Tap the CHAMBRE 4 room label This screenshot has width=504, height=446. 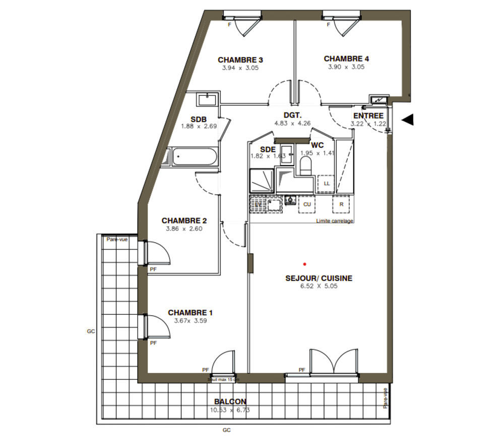(346, 59)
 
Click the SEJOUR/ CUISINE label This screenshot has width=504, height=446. (319, 278)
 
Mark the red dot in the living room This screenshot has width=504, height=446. (304, 263)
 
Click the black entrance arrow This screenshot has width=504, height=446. (408, 120)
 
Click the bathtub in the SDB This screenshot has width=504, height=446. (194, 157)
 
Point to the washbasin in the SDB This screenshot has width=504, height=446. (208, 99)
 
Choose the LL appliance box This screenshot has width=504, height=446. (327, 183)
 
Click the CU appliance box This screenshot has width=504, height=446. (306, 204)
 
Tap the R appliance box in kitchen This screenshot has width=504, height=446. (341, 204)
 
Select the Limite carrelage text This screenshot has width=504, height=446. (335, 221)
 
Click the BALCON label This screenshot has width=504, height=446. (230, 402)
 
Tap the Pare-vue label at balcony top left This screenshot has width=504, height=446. (117, 239)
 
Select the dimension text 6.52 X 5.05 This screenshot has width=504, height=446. (319, 286)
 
